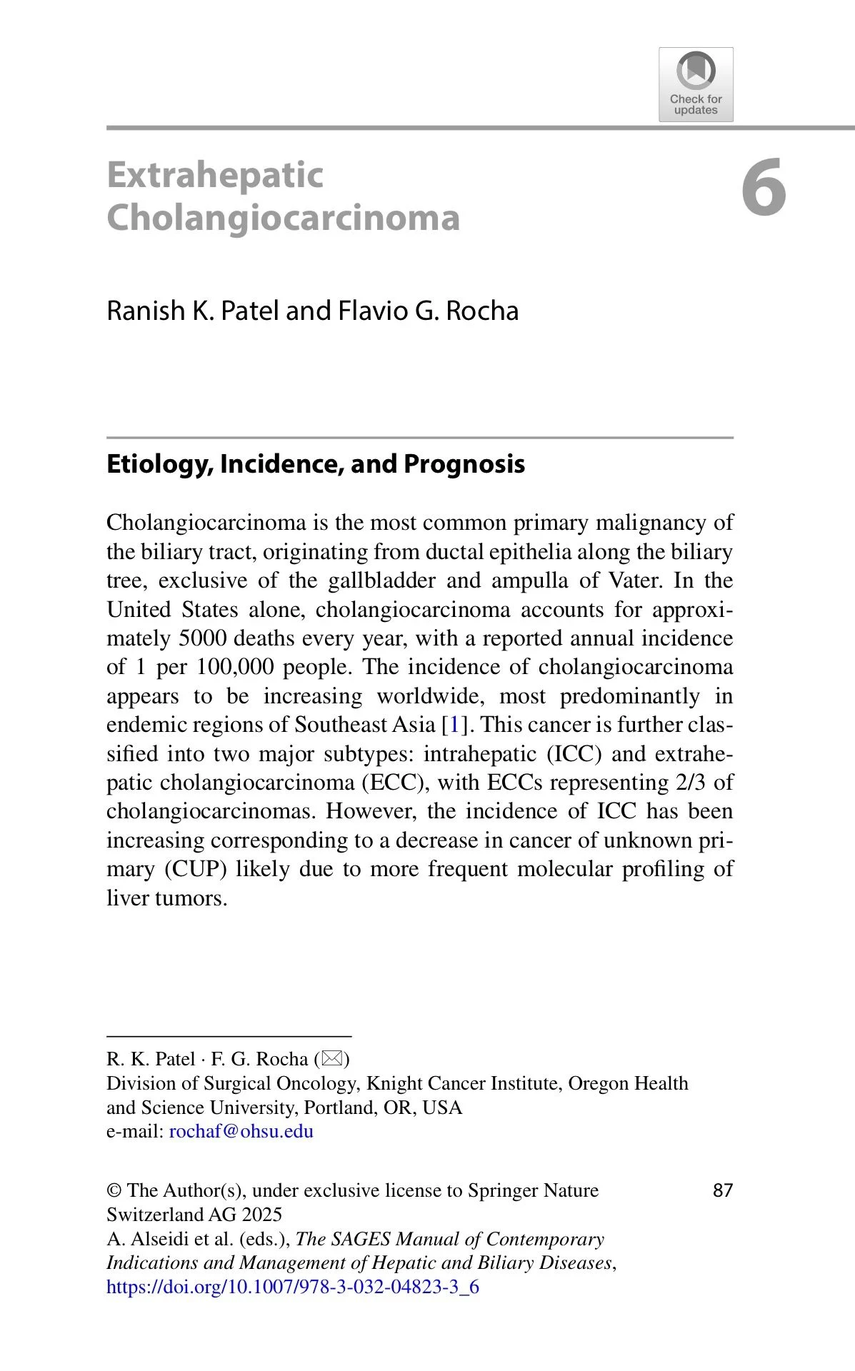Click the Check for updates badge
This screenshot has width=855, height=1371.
pyautogui.click(x=696, y=85)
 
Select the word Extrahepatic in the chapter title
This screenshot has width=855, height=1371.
pyautogui.click(x=215, y=176)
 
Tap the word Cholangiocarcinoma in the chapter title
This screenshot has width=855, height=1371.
pyautogui.click(x=283, y=218)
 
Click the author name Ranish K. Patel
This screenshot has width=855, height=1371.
pyautogui.click(x=192, y=311)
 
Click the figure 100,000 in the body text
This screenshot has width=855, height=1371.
pyautogui.click(x=236, y=667)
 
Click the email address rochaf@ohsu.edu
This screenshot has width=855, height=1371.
pyautogui.click(x=241, y=1131)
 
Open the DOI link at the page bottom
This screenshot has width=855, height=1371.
pyautogui.click(x=293, y=1287)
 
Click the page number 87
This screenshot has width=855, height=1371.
pyautogui.click(x=723, y=1190)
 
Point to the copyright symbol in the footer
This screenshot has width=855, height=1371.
pyautogui.click(x=114, y=1190)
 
